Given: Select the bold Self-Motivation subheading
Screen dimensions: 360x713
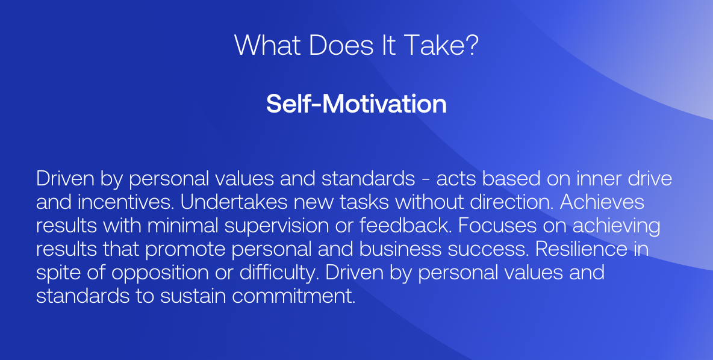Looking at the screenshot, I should pyautogui.click(x=356, y=104).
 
